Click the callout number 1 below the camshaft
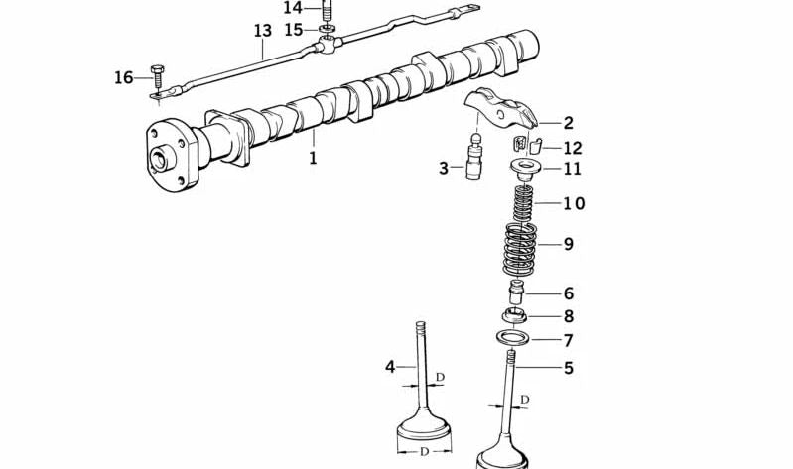(313, 158)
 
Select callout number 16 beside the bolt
(124, 77)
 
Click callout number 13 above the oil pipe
(262, 31)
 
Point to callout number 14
(293, 8)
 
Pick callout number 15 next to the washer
(294, 30)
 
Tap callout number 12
(573, 148)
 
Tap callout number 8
(569, 316)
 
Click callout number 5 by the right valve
(569, 368)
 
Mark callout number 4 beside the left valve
(390, 367)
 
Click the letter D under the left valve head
(424, 452)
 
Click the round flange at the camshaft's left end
(171, 155)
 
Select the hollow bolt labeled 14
(328, 10)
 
